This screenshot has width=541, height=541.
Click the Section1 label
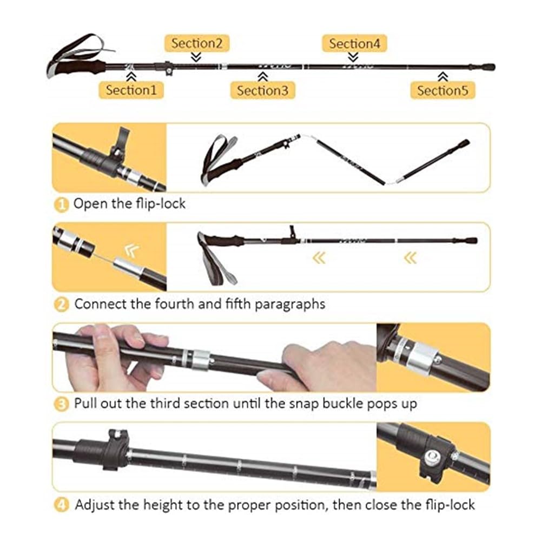[131, 90]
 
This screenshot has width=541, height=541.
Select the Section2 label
[197, 43]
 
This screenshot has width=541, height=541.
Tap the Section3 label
[262, 90]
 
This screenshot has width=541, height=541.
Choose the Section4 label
[354, 43]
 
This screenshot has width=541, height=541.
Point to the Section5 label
[443, 90]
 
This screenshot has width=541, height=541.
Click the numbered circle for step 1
[62, 205]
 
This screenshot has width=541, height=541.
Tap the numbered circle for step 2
[62, 305]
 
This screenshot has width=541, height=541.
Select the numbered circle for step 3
[62, 404]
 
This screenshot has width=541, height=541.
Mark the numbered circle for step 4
[62, 505]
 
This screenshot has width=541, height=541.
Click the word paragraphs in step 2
[290, 305]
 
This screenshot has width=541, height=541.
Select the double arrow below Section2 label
[196, 57]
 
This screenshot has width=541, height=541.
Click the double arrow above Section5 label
[443, 77]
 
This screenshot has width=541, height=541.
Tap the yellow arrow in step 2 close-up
[132, 250]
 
